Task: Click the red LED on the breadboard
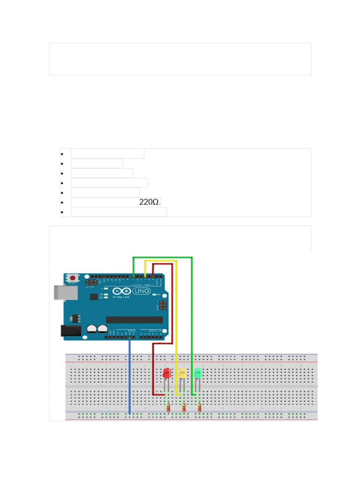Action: coord(166,374)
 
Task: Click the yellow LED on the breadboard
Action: coord(182,374)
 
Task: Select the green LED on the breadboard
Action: coord(198,374)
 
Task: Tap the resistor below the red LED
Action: coord(168,409)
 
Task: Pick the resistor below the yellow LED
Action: coord(184,409)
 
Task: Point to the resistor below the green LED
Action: coord(200,409)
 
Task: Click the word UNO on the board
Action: coord(142,291)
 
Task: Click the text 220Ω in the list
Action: coord(150,202)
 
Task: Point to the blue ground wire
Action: coord(129,375)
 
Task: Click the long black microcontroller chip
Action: coord(134,320)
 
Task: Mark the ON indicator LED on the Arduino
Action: coord(154,294)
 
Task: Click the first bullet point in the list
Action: coord(61,154)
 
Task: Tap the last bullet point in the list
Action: coord(61,212)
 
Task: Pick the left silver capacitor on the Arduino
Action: coord(91,329)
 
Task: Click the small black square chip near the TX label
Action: coord(94,297)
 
